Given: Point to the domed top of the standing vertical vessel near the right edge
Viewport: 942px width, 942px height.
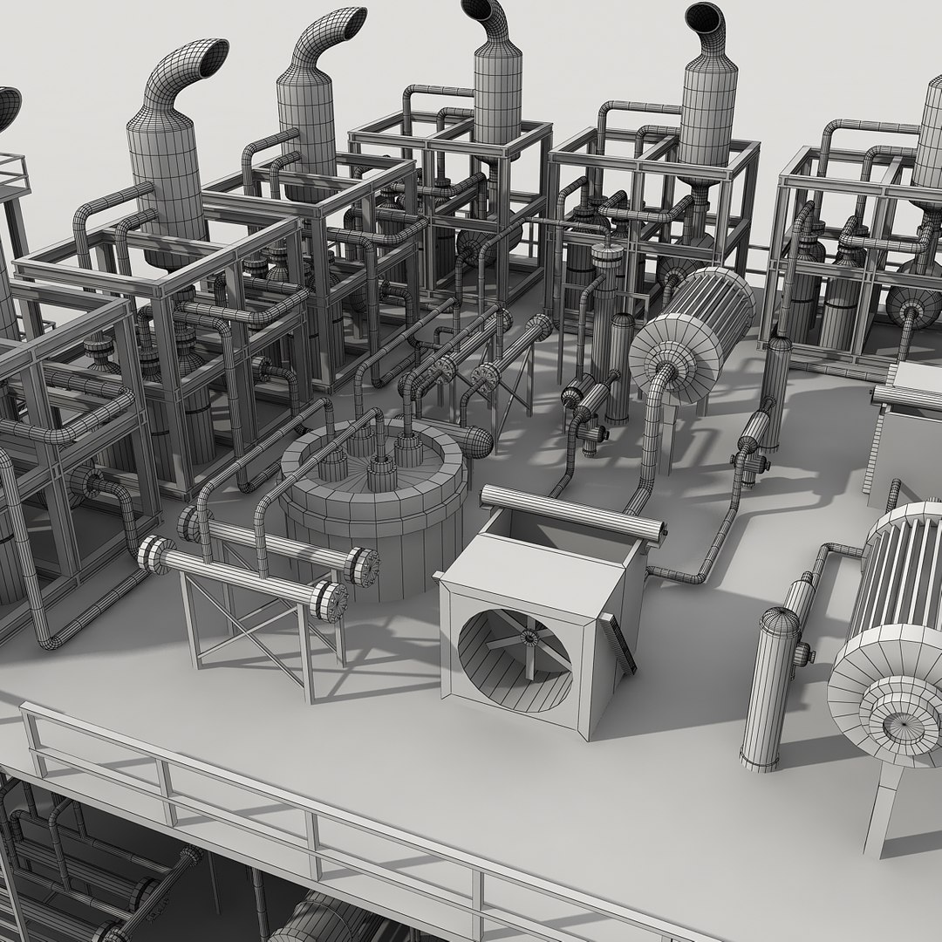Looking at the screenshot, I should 781,621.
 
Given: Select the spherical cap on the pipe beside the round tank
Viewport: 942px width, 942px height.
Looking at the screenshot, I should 478,441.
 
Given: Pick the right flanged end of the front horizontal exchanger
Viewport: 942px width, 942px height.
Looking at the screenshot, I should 331,601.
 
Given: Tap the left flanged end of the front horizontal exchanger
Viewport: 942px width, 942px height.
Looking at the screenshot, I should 155,554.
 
